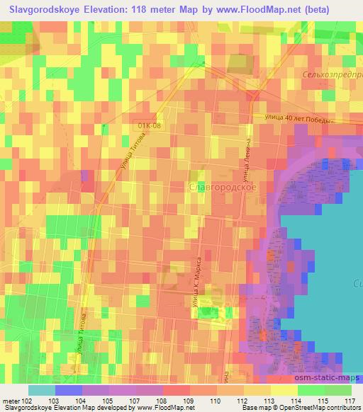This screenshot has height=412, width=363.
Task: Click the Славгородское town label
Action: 223,188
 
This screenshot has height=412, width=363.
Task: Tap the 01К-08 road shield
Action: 150,125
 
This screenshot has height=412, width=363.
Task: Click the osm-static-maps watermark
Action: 331,377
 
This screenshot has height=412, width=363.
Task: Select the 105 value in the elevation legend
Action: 107,400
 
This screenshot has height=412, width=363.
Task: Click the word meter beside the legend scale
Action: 11,400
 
